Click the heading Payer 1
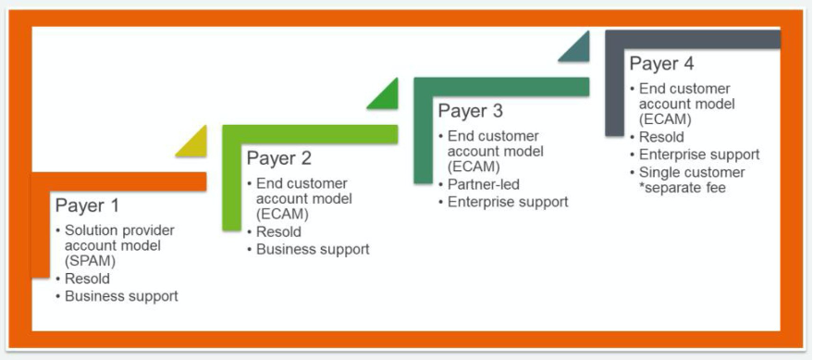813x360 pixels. coord(87,205)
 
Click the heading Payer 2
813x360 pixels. coord(278,158)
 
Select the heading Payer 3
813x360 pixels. coord(470,111)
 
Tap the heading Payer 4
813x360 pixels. coord(661,64)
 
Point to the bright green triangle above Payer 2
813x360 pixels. coord(386,96)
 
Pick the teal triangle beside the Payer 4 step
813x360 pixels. coord(577,49)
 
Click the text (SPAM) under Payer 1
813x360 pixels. coord(91,261)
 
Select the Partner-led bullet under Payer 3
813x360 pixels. coord(483,184)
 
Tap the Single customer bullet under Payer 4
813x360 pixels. coord(692,172)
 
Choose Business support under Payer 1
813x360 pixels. coord(121,296)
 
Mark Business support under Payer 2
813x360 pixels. coord(313,249)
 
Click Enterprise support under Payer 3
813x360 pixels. coord(508,201)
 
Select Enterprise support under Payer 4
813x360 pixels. coord(699,155)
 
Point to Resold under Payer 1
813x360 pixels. coord(87,279)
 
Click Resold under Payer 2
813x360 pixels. coord(278,231)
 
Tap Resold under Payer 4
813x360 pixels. coord(661,137)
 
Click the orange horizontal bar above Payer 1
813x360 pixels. coord(118,181)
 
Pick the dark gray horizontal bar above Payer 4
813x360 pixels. coord(692,40)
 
